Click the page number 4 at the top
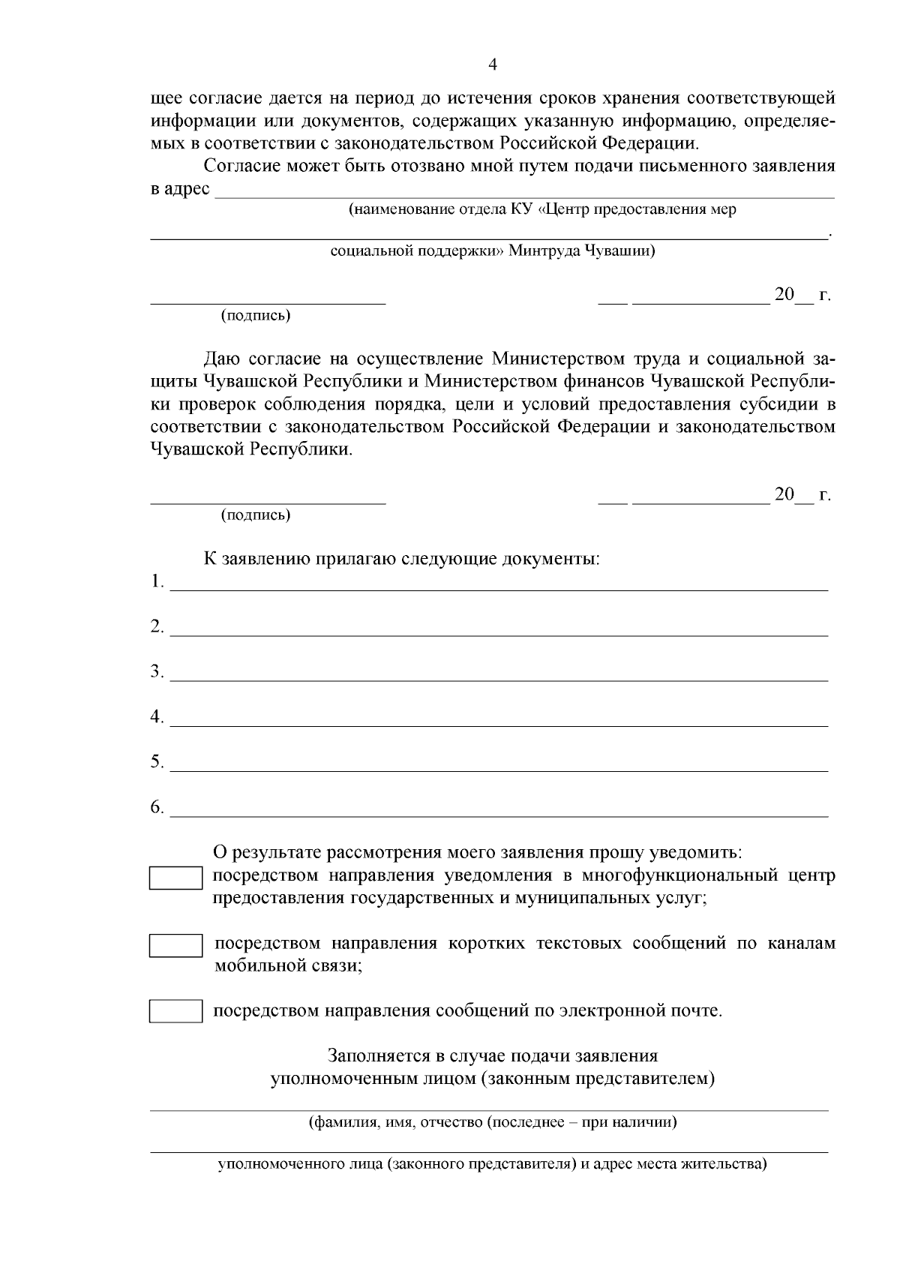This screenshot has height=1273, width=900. coord(493,65)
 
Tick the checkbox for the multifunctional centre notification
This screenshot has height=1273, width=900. coord(175,878)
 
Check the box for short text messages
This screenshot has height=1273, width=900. coord(175,945)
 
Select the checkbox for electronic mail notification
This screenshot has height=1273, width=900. coord(175,1011)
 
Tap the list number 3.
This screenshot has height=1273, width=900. coord(156,671)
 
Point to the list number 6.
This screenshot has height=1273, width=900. coord(156,807)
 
